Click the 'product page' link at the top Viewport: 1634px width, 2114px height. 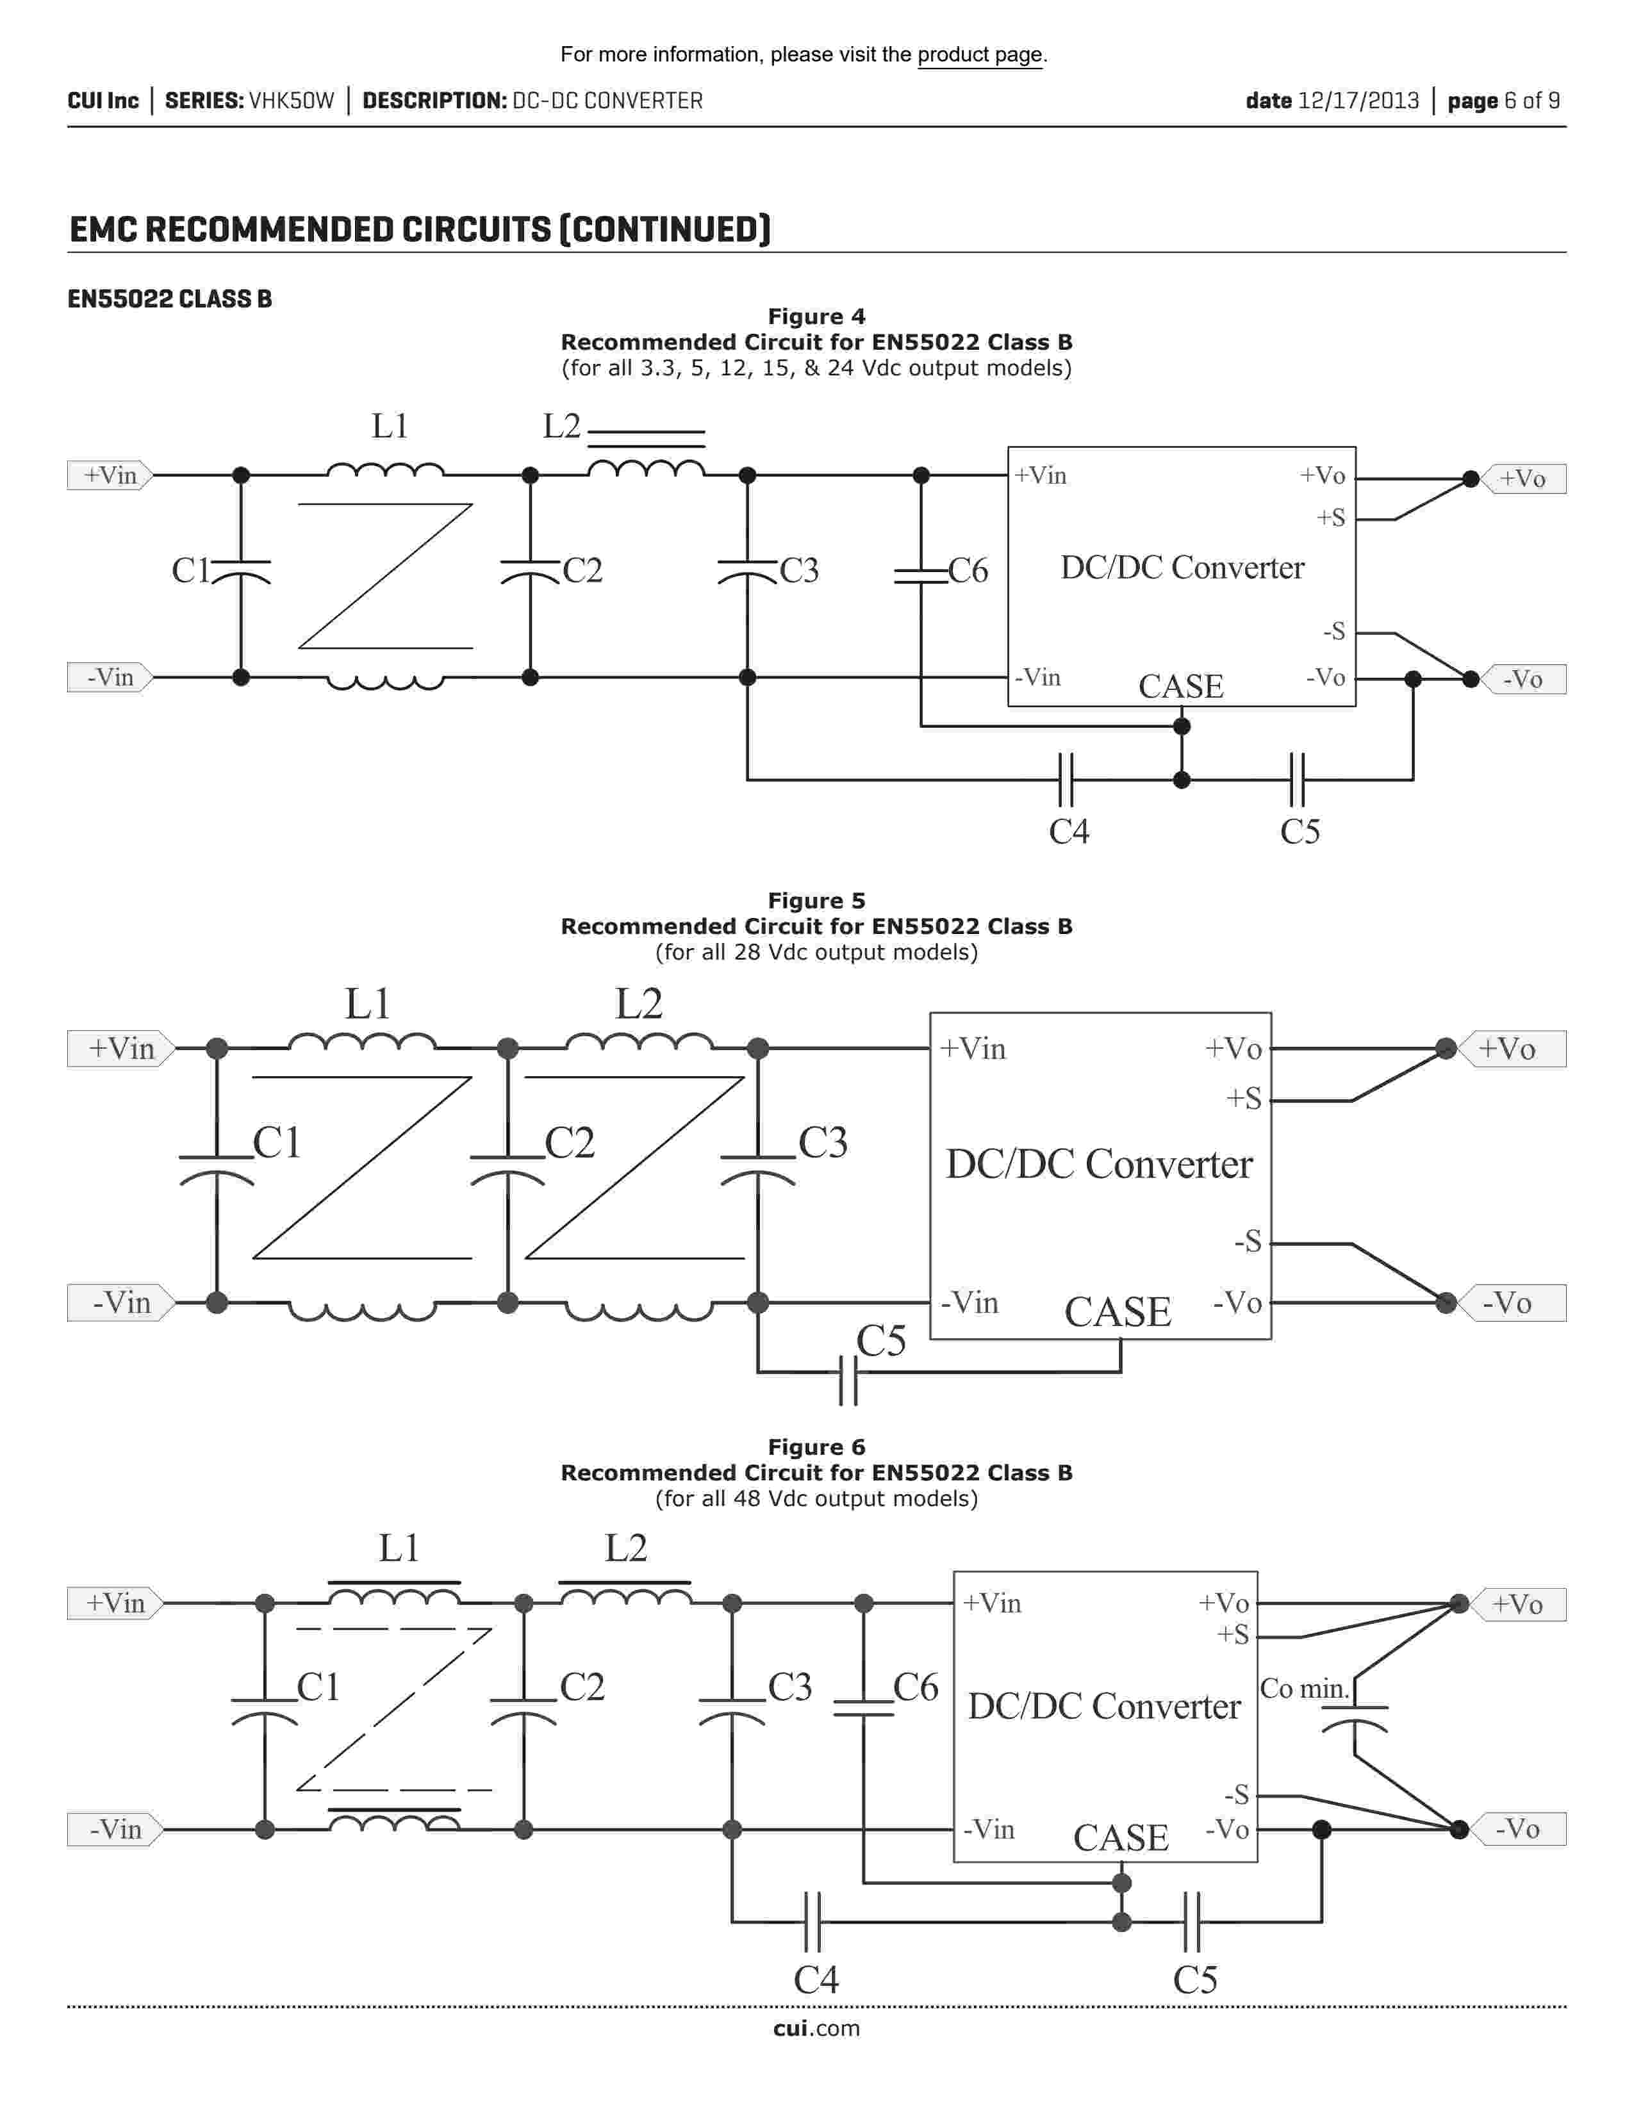click(980, 55)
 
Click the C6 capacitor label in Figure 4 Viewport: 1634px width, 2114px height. click(968, 571)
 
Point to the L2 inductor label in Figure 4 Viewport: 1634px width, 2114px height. click(561, 426)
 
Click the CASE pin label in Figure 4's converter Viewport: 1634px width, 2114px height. click(1181, 686)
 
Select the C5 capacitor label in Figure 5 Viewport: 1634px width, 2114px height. click(881, 1341)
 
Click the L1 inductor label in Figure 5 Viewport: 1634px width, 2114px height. click(368, 1004)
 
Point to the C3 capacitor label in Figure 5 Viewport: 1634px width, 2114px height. click(823, 1143)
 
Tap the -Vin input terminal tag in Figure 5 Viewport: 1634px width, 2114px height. click(121, 1303)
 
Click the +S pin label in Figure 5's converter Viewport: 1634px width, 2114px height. click(1244, 1099)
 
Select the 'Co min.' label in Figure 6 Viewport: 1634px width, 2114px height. click(1304, 1689)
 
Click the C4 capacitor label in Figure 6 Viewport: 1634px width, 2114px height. click(816, 1980)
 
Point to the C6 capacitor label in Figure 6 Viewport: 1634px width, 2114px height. click(916, 1688)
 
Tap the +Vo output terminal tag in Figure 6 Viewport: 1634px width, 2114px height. click(1517, 1605)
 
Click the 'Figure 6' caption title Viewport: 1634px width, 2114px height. click(816, 1447)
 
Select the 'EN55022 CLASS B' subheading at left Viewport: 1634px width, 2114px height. click(169, 299)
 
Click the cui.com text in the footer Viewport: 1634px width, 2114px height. click(816, 2029)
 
